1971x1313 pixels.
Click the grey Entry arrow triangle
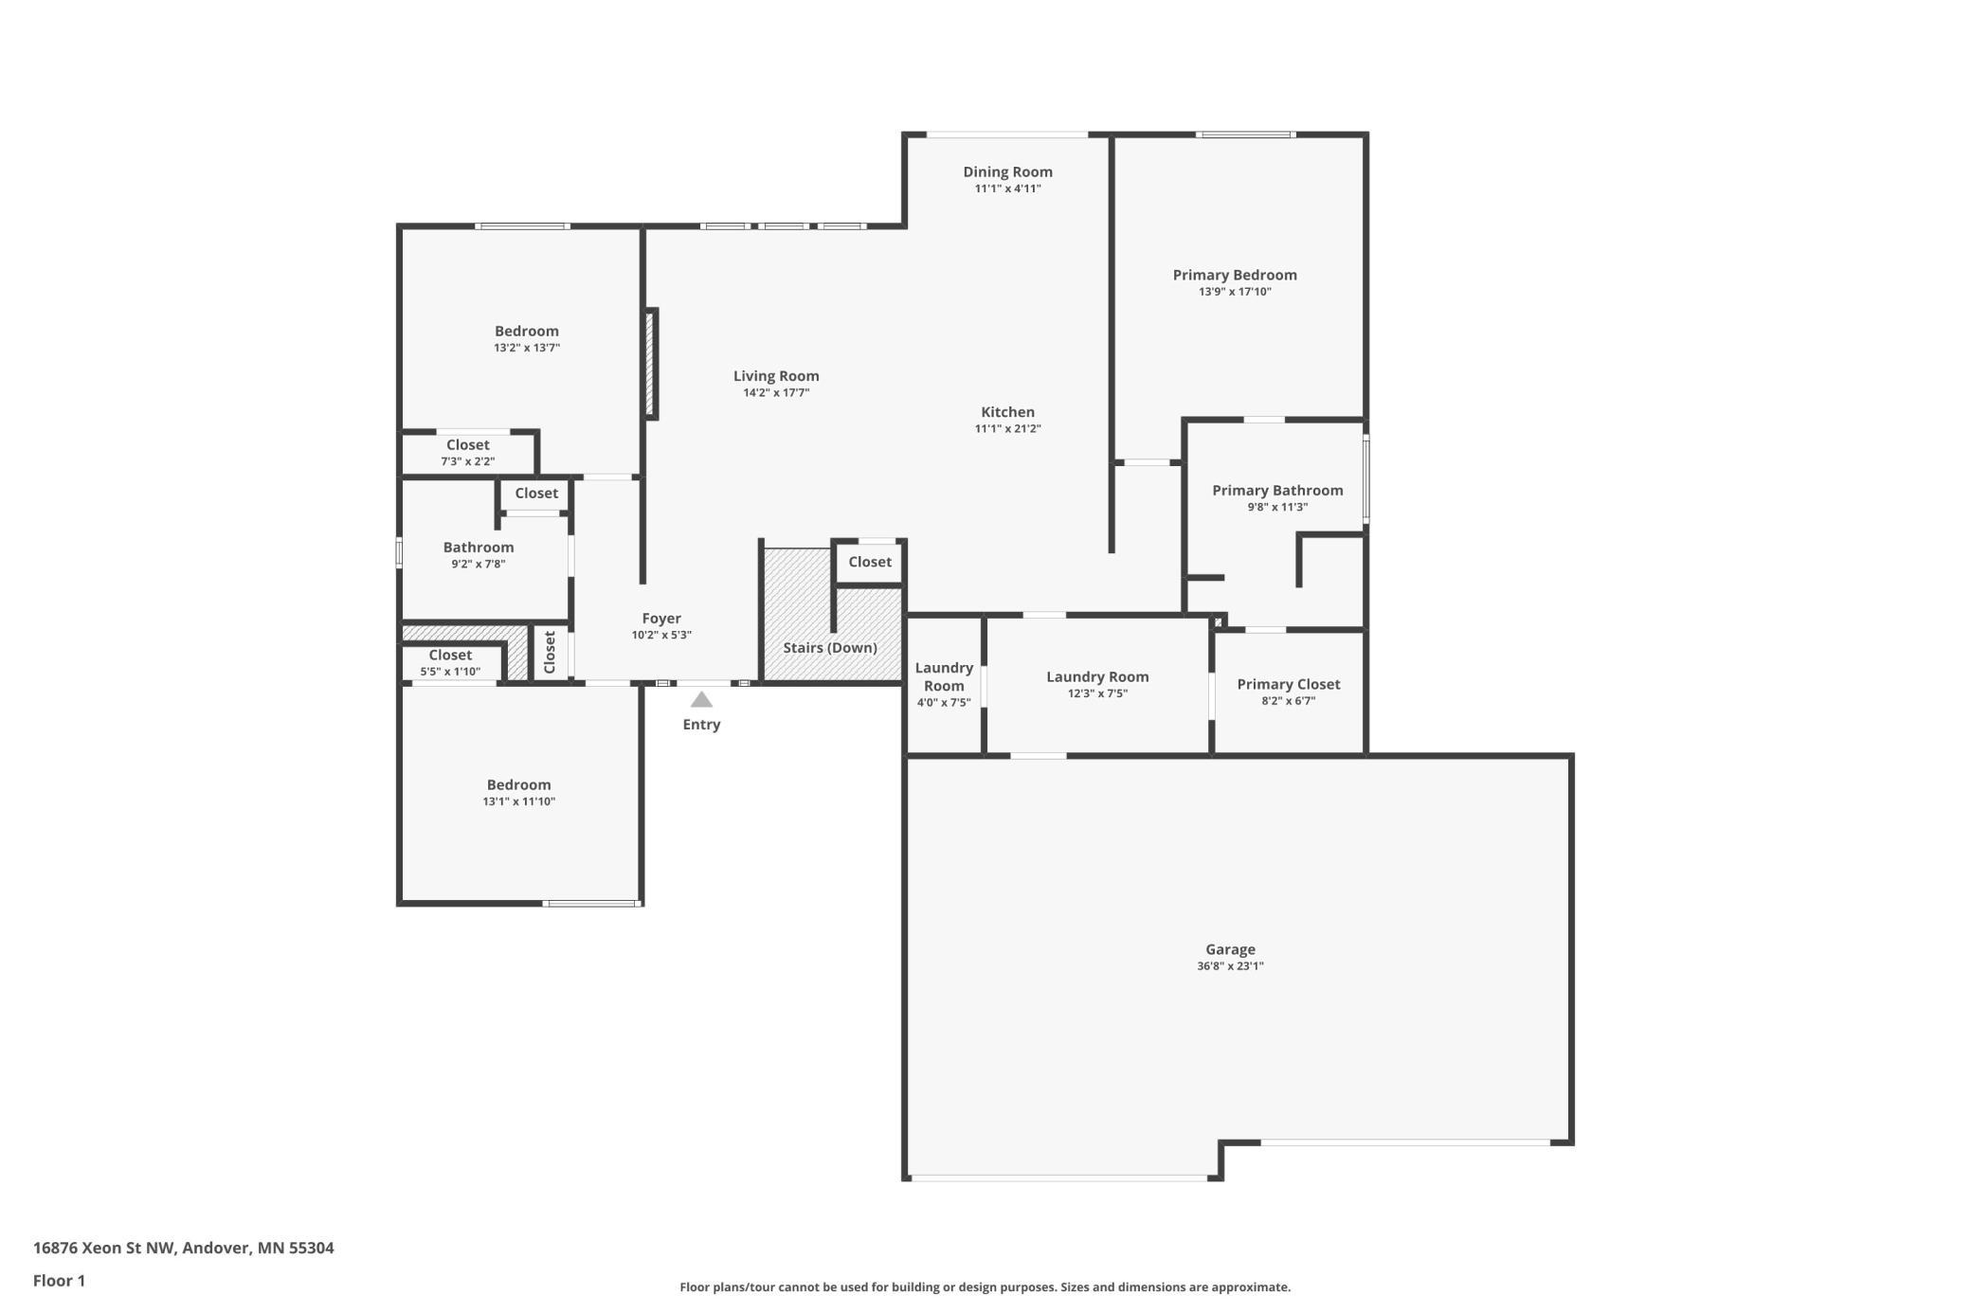click(x=701, y=699)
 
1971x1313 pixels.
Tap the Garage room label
click(x=1230, y=949)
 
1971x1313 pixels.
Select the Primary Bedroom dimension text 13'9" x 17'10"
click(x=1235, y=292)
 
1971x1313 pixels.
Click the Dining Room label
click(x=1007, y=171)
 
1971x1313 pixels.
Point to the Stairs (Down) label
click(x=830, y=648)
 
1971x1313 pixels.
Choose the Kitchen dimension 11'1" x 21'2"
click(x=1007, y=428)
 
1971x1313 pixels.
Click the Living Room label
click(x=776, y=376)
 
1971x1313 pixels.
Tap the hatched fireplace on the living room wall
click(x=651, y=364)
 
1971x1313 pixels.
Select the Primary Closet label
click(x=1288, y=684)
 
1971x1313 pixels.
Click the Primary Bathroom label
click(x=1277, y=490)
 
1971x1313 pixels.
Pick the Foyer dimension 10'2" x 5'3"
click(x=661, y=635)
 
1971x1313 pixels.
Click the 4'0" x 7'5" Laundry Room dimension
click(x=944, y=703)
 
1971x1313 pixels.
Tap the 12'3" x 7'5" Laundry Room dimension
click(x=1097, y=693)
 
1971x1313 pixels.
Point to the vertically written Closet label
click(x=550, y=652)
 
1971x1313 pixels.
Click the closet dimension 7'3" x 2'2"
click(x=467, y=461)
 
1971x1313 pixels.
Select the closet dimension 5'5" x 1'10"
click(x=450, y=672)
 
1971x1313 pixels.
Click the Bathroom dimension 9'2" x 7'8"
click(x=479, y=564)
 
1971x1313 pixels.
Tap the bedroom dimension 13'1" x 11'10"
click(x=518, y=801)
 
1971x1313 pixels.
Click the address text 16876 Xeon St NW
click(x=104, y=1248)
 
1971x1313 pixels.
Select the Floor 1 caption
click(x=59, y=1281)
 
